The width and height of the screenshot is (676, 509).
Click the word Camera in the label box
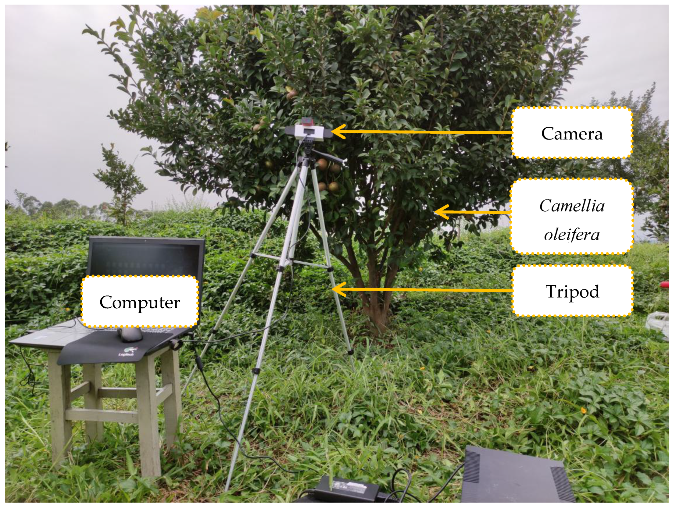tap(572, 134)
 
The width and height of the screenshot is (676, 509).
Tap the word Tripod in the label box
tap(572, 292)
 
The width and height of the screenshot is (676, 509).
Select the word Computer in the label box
tap(140, 302)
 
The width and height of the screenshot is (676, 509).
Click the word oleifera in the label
tap(572, 235)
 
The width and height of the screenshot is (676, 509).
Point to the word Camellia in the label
tap(572, 206)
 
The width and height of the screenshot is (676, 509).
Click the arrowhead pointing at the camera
tap(338, 132)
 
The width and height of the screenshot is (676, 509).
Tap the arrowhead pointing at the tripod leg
tap(339, 289)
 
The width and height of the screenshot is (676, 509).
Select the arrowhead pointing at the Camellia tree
tap(441, 212)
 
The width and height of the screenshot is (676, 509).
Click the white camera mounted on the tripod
tap(308, 132)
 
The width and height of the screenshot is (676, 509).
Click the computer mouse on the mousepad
tap(131, 334)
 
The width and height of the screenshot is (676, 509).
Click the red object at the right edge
tap(664, 285)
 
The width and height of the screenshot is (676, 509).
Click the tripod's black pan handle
tap(328, 157)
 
